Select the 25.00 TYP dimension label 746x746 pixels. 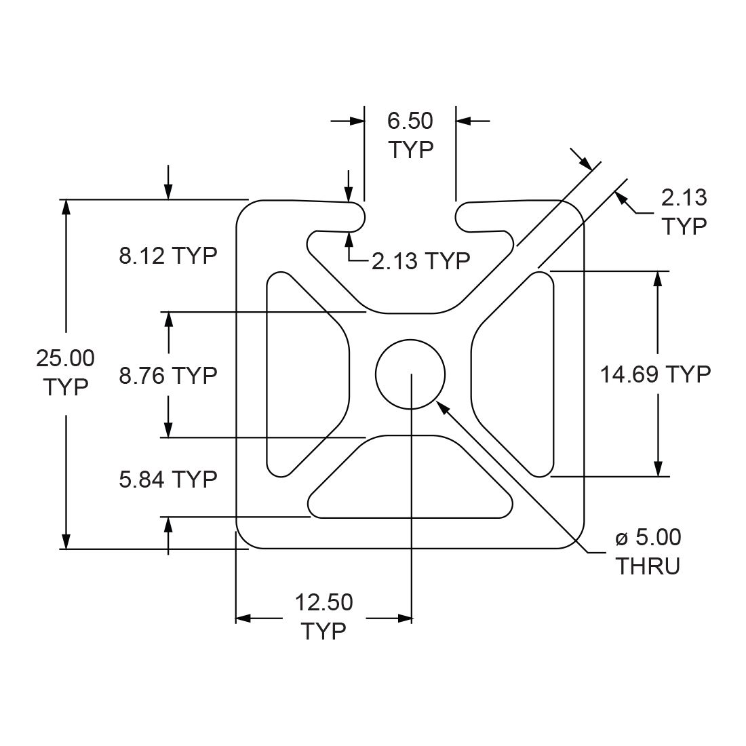point(65,372)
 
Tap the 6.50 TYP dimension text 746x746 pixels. point(410,135)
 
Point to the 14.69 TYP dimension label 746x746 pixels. point(655,374)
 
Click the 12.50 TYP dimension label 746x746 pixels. point(323,616)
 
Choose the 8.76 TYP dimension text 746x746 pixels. point(168,374)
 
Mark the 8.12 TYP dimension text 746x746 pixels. point(168,256)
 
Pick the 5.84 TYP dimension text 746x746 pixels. point(168,479)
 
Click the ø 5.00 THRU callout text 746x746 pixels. point(648,551)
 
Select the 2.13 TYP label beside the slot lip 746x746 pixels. point(420,260)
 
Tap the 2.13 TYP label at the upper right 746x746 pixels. point(684,211)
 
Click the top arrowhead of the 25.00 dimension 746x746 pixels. point(66,207)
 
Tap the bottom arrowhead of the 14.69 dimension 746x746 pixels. point(657,469)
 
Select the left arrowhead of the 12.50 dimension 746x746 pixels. point(243,619)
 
